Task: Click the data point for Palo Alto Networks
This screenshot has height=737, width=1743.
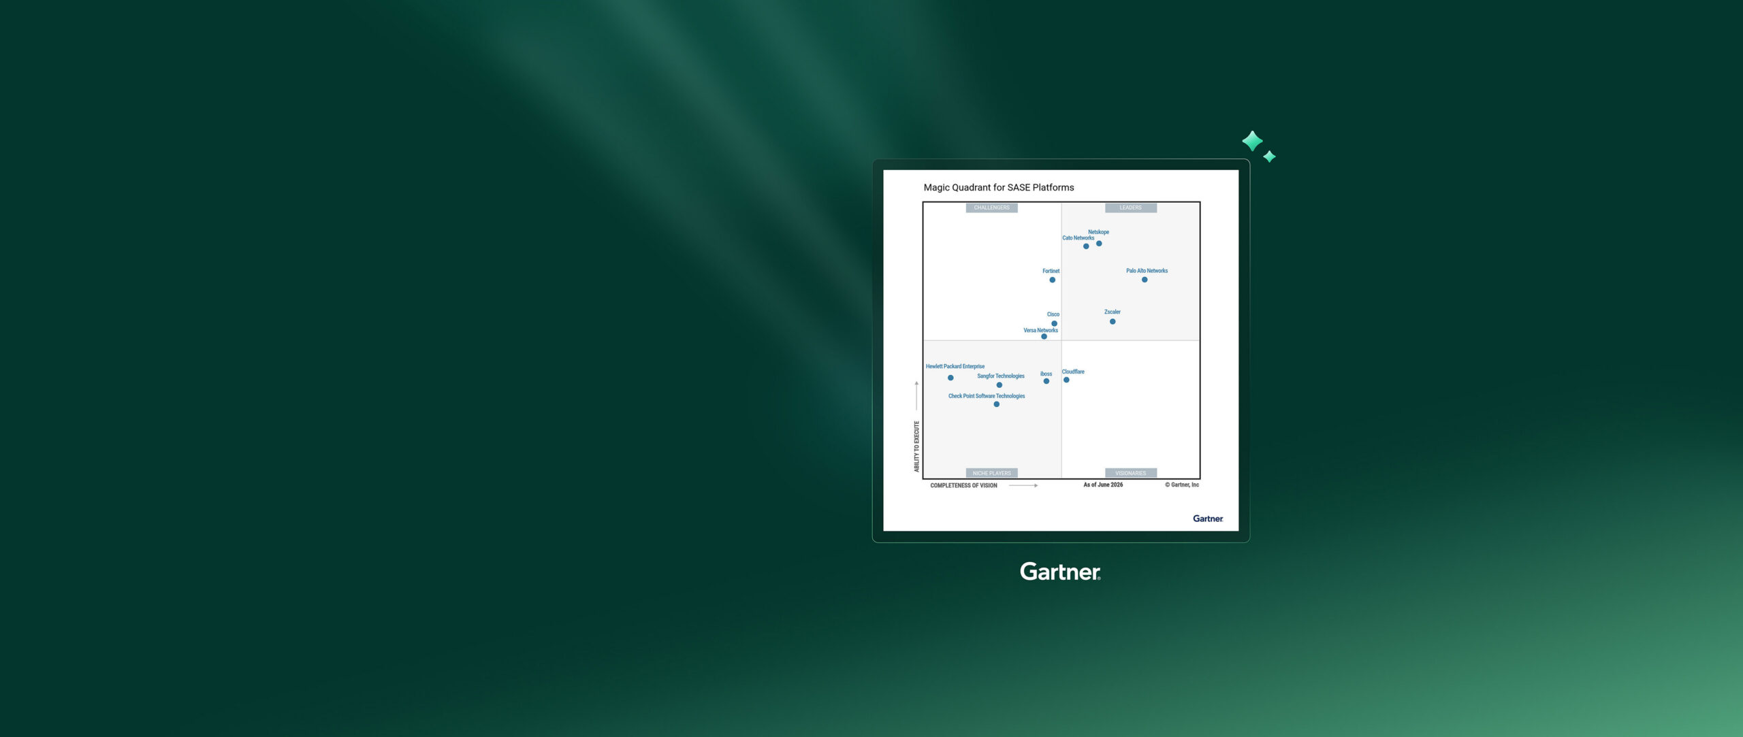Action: coord(1145,280)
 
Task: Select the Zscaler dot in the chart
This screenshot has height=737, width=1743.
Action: coord(1113,321)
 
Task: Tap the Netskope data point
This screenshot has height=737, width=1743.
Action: coord(1099,244)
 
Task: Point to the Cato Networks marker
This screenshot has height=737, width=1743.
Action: coord(1086,246)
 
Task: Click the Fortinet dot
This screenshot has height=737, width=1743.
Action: coord(1053,280)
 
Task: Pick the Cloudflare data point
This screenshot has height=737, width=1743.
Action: coord(1066,380)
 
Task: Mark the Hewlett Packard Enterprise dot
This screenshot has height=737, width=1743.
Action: coord(950,378)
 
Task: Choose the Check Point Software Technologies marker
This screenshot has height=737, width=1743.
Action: coord(997,404)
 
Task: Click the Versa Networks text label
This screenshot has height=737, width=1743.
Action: coord(1041,331)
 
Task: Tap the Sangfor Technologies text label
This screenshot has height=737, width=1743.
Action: coord(1001,376)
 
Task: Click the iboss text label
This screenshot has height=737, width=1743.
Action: coord(1046,374)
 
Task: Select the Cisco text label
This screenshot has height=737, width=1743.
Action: coord(1053,314)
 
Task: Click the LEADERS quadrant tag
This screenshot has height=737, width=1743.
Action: coord(1131,208)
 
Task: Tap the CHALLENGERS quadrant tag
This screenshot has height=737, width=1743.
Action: coord(992,208)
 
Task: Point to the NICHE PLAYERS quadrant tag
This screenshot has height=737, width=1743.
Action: coord(992,473)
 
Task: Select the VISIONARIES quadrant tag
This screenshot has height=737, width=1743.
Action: coord(1131,473)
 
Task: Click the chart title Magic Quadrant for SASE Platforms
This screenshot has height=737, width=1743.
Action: coord(999,187)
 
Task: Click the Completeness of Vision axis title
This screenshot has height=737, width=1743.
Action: coord(963,485)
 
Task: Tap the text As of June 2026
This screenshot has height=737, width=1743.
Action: coord(1103,485)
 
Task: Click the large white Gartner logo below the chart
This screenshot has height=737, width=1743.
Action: coord(1060,572)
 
